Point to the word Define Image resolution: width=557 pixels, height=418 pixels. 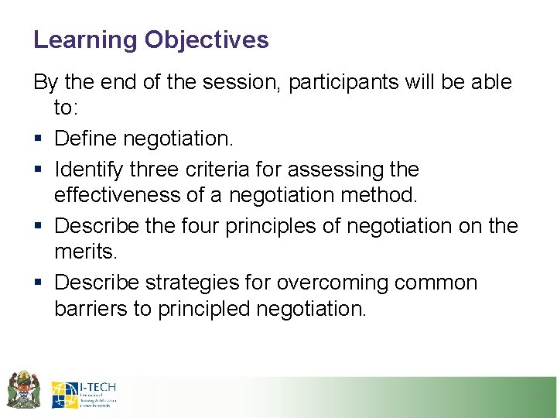coord(87,139)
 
